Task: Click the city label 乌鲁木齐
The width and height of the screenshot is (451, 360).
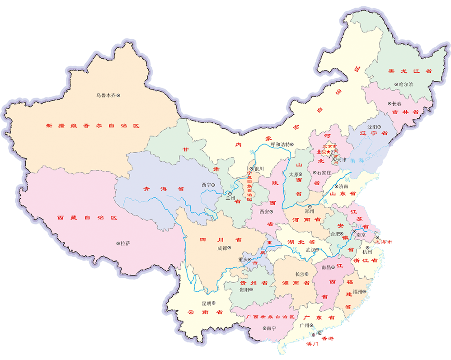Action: pyautogui.click(x=105, y=95)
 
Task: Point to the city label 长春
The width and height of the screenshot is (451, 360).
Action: pyautogui.click(x=396, y=104)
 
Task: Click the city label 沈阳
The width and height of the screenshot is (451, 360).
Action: pyautogui.click(x=372, y=127)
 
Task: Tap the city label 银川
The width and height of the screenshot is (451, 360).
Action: pyautogui.click(x=259, y=168)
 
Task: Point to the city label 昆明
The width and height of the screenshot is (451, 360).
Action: pyautogui.click(x=207, y=303)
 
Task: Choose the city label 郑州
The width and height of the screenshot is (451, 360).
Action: pyautogui.click(x=310, y=211)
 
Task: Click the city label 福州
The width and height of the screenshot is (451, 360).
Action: pyautogui.click(x=359, y=291)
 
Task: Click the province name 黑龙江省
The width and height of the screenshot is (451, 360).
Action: pyautogui.click(x=404, y=71)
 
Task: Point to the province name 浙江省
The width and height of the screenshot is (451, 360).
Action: pyautogui.click(x=365, y=261)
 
